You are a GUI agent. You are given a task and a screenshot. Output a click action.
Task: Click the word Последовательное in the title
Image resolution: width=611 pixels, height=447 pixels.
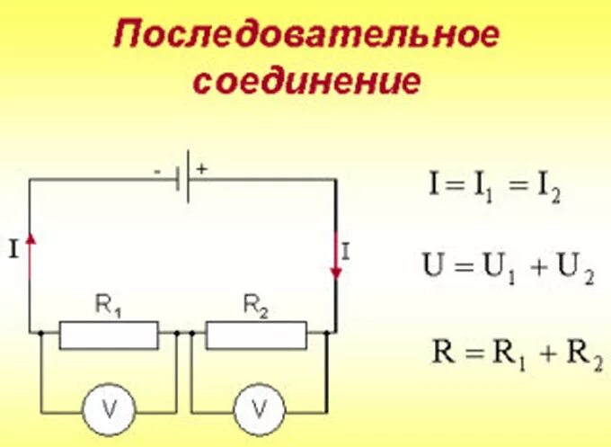305,38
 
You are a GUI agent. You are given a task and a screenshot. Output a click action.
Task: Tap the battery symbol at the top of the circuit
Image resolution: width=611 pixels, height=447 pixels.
186,179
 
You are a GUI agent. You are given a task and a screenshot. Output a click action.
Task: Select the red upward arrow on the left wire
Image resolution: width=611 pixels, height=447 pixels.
31,251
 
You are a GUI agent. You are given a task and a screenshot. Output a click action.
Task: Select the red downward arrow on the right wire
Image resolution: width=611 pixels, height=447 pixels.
336,256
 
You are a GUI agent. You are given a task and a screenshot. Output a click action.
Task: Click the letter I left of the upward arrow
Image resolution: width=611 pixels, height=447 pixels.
13,252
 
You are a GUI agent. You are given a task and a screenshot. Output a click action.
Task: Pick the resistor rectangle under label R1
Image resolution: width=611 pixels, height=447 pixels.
109,335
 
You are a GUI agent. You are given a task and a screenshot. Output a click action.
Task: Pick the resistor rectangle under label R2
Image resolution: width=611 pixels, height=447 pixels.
255,335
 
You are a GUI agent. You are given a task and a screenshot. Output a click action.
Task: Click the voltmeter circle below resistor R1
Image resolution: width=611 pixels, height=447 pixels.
109,410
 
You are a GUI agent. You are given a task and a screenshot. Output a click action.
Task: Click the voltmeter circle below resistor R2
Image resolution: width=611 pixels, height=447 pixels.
259,410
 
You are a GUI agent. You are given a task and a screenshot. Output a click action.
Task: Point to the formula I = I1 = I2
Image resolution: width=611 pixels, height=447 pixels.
495,190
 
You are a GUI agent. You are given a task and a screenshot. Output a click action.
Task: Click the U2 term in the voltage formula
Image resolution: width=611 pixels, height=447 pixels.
578,269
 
